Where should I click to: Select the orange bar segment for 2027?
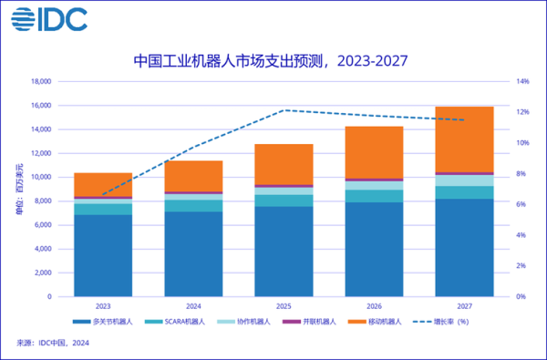click(464, 139)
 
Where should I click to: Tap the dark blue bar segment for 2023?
click(103, 255)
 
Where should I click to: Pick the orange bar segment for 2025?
click(284, 164)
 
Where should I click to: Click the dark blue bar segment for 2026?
click(374, 249)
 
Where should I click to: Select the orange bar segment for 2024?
click(193, 176)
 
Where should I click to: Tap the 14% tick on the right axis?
click(523, 82)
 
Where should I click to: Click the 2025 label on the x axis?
click(284, 307)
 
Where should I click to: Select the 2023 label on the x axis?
click(103, 307)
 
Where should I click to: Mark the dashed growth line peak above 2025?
click(284, 110)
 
